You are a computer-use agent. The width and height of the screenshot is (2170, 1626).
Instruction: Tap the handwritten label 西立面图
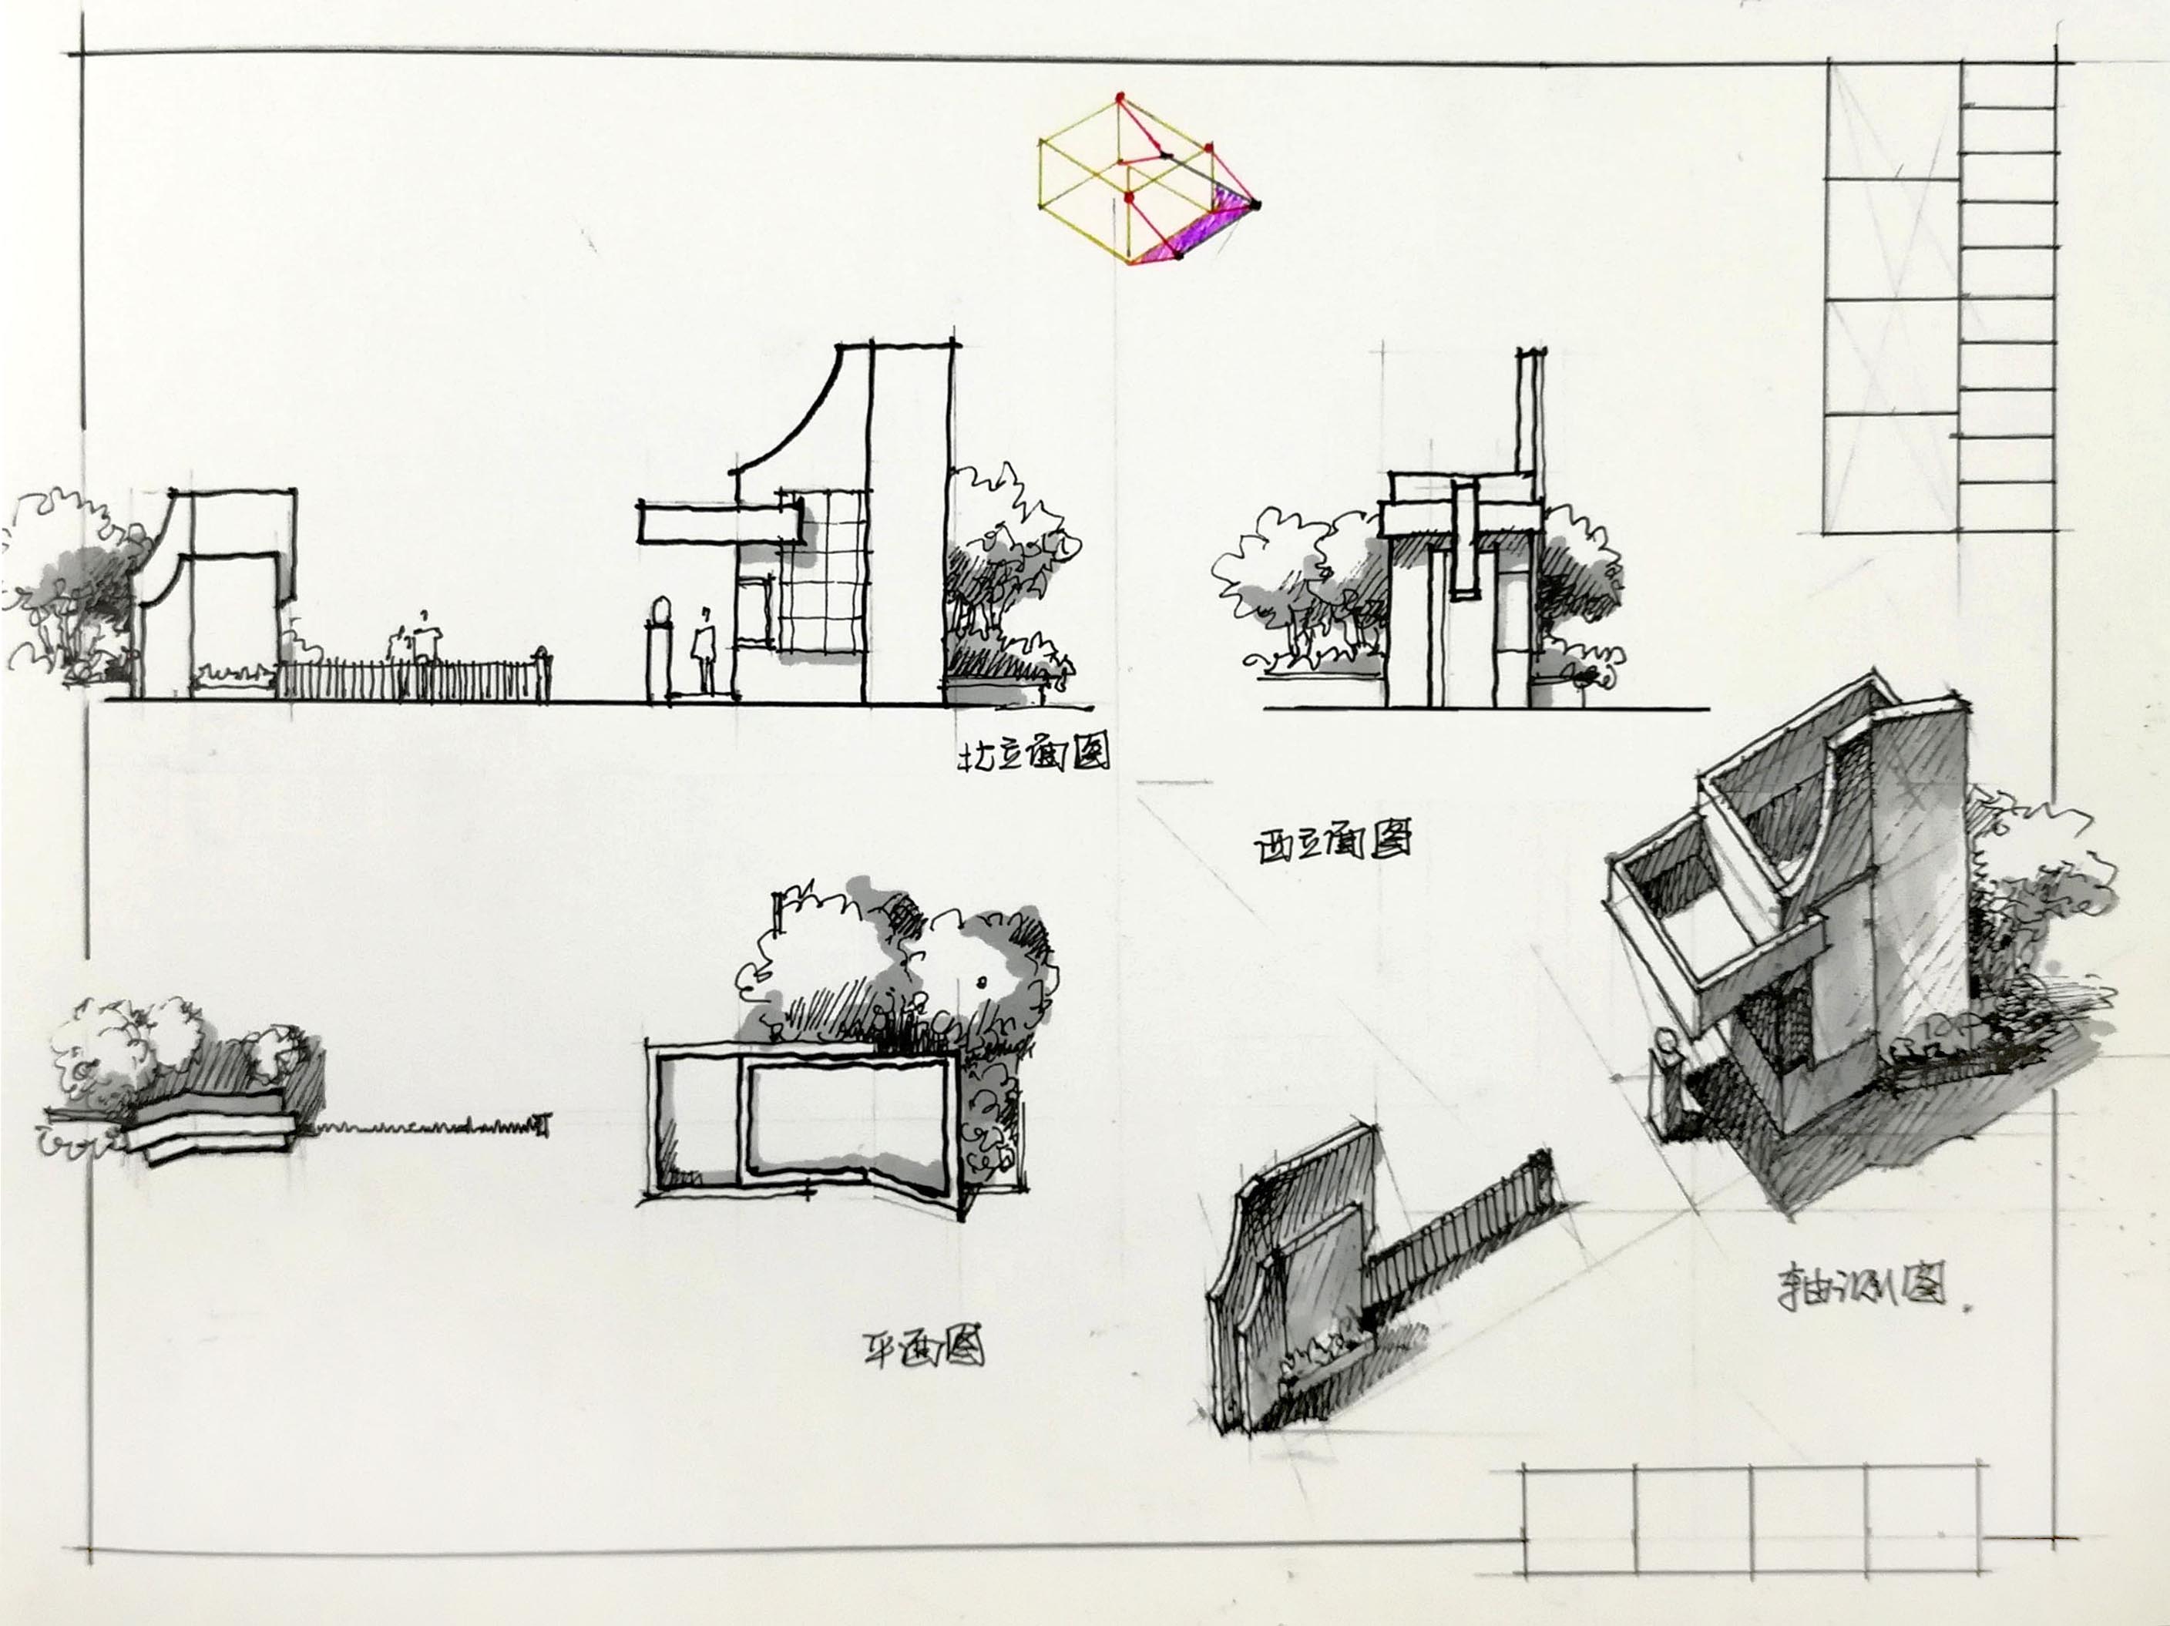point(1333,843)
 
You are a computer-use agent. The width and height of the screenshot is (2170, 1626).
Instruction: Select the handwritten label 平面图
point(922,1349)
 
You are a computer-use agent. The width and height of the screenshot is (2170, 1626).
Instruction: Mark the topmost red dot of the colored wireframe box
point(1120,97)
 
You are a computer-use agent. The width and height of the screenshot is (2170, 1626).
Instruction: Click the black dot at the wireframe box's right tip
point(1256,204)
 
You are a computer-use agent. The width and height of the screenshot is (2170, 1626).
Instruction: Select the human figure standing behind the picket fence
point(424,643)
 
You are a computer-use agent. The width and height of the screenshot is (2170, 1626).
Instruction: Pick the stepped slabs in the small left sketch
point(211,1134)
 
